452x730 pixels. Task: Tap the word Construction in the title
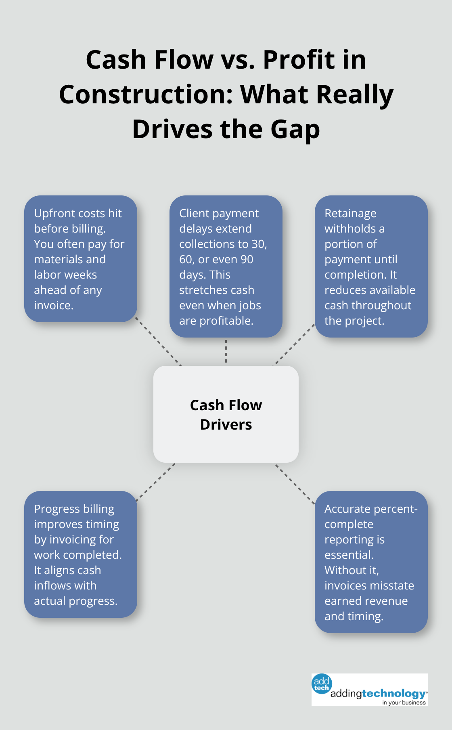click(145, 95)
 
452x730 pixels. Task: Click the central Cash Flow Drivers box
click(226, 414)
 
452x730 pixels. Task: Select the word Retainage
click(350, 213)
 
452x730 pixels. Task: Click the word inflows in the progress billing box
click(50, 585)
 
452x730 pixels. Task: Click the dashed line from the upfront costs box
click(158, 341)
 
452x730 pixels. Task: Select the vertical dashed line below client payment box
click(226, 351)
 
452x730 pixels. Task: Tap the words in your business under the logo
click(404, 703)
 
